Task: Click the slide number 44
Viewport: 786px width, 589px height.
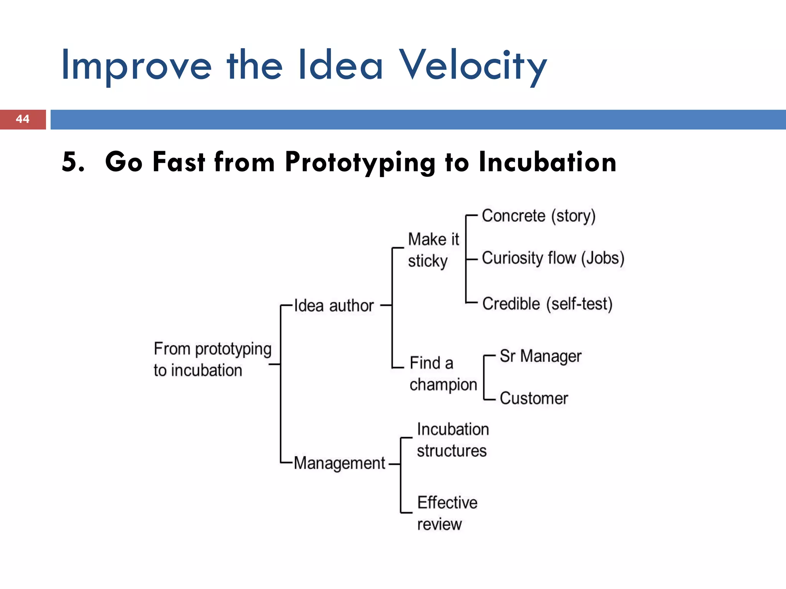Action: coord(23,119)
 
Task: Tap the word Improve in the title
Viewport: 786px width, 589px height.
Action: coord(136,66)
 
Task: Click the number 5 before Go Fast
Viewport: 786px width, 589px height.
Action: coord(71,161)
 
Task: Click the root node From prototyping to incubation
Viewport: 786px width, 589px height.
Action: coord(212,359)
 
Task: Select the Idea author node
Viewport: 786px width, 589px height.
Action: coord(334,306)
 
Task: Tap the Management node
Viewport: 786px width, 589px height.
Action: coord(339,463)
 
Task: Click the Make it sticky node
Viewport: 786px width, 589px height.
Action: coord(433,250)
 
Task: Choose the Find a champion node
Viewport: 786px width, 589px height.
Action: coord(443,373)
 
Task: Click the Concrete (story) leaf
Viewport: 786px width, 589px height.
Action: coord(538,216)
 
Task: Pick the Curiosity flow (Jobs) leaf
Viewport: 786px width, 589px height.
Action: coord(553,258)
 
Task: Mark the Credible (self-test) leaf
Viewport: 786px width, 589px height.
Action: coord(547,304)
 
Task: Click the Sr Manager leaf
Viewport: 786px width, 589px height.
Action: coord(540,356)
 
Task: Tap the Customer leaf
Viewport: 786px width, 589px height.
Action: coord(533,398)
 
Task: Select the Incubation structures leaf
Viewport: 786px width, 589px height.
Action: coord(452,440)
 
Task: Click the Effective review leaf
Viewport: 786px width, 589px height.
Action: coord(447,513)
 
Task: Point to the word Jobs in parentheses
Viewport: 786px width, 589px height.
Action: coord(602,258)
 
